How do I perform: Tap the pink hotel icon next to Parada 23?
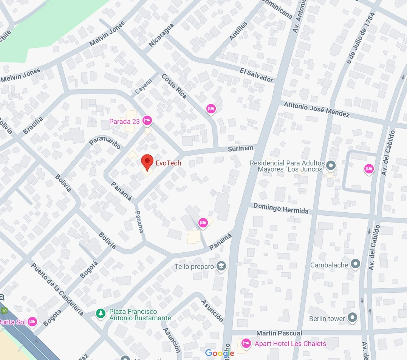point(147,121)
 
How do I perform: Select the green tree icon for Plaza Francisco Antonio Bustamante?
point(100,314)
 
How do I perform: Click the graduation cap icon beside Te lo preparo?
point(221,266)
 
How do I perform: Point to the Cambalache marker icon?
point(355,264)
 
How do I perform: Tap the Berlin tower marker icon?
point(352,318)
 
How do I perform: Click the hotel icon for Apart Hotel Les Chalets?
point(246,343)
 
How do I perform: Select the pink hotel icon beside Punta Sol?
point(32,321)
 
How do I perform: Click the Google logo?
point(220,353)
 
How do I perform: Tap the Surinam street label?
point(240,148)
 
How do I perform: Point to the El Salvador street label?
point(256,75)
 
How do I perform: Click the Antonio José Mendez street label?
point(316,109)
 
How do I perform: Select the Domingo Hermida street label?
point(281,208)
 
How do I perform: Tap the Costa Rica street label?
point(174,86)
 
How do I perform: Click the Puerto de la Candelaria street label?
point(57,289)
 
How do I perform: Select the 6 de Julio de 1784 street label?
point(361,38)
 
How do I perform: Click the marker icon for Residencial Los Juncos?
point(331,165)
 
